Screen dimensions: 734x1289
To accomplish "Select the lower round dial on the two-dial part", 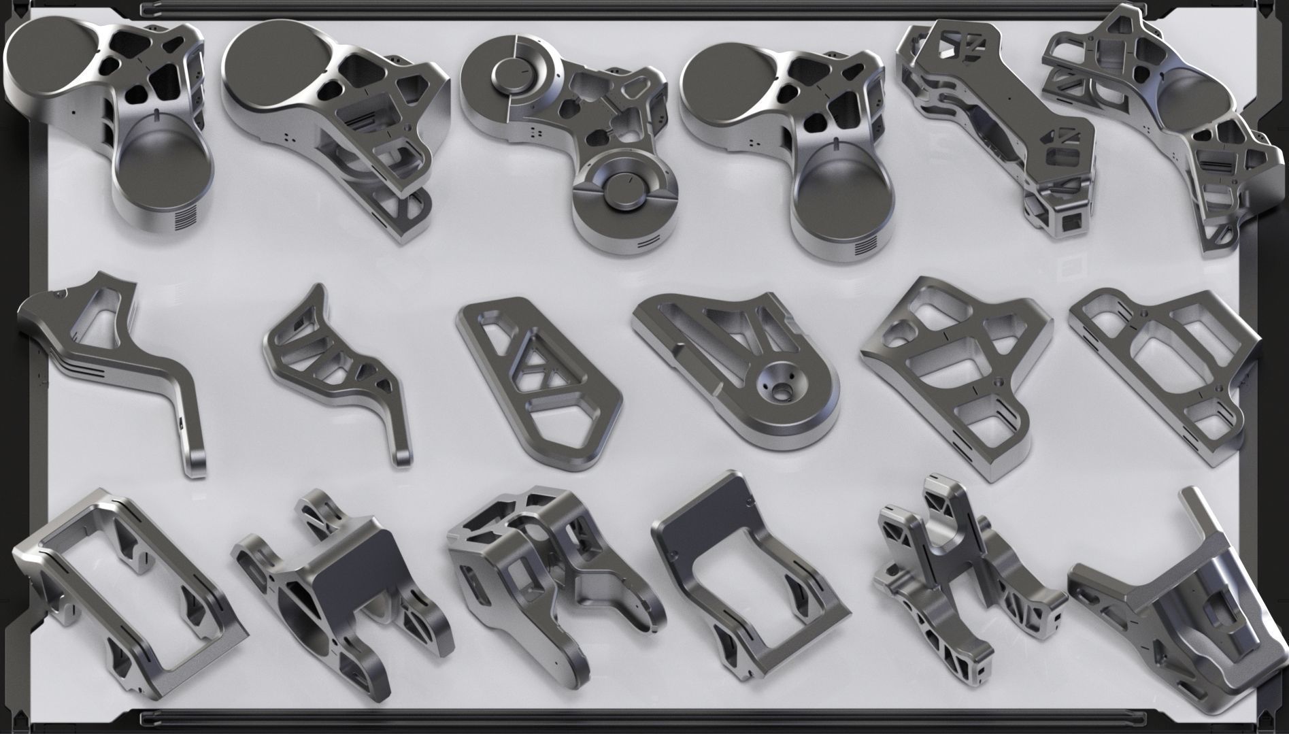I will click(624, 193).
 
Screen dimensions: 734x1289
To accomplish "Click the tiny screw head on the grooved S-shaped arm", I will click(60, 295).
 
